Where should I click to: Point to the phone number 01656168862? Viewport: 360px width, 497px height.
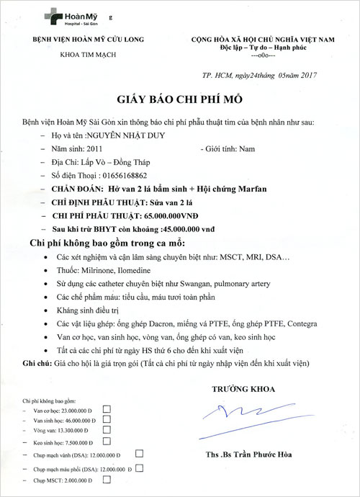(120, 174)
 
